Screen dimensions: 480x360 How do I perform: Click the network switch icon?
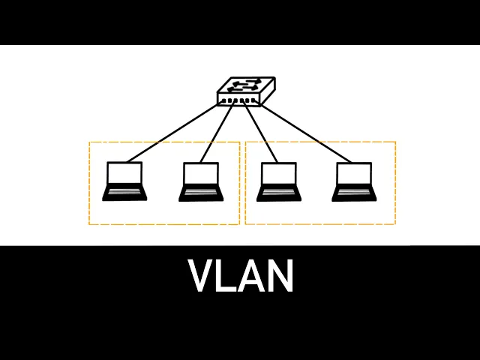point(238,91)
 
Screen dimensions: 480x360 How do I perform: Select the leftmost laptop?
point(124,182)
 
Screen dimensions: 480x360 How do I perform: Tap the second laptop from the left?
point(201,182)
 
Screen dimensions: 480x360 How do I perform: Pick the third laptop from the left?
point(278,182)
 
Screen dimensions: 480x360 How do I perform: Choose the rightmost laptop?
point(353,182)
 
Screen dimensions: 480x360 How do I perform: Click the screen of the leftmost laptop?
point(124,174)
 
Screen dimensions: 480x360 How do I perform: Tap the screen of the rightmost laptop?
point(353,174)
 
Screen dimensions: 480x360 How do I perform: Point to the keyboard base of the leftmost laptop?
point(124,193)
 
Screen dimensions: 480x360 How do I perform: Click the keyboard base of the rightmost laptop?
point(353,193)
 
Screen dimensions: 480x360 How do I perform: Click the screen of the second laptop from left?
point(201,174)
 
